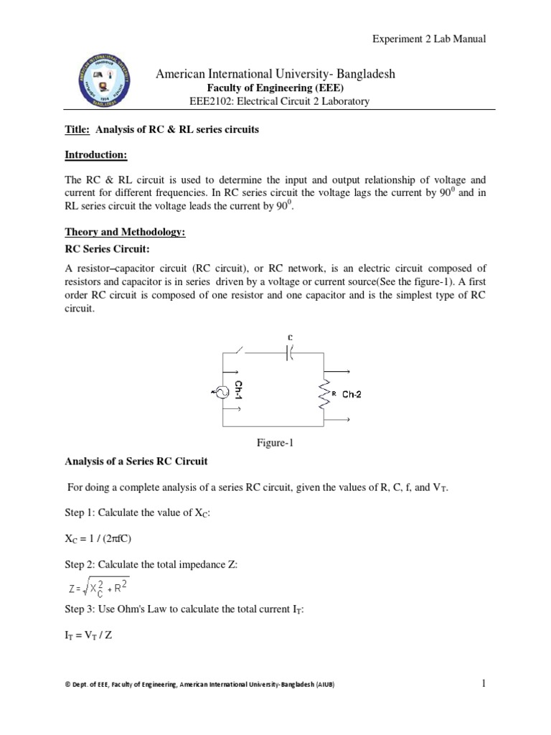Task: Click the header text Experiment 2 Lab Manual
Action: tap(428, 39)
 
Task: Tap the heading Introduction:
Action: tap(92, 154)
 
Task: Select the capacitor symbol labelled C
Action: tap(290, 352)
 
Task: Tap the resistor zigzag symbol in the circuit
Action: tap(326, 393)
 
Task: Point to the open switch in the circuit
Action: tap(239, 351)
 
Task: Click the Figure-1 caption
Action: tap(276, 443)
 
